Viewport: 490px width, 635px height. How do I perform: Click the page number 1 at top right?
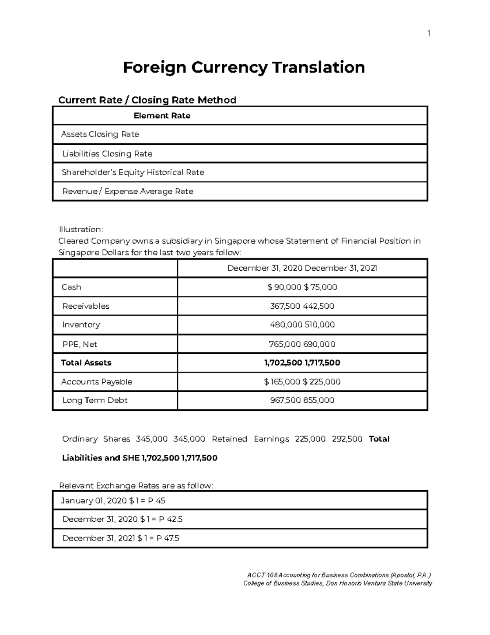point(428,34)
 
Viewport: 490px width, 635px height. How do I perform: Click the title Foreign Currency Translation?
point(244,67)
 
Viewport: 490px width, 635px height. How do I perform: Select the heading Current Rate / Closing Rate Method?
point(147,100)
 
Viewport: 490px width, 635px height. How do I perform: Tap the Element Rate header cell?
point(162,116)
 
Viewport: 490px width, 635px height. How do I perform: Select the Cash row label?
point(71,287)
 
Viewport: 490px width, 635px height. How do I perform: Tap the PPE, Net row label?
point(80,344)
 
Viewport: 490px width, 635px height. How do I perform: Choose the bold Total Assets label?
point(86,363)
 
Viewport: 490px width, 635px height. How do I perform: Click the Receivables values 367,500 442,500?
point(302,306)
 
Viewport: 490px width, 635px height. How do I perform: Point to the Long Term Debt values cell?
point(302,400)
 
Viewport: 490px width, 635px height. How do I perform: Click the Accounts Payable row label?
point(97,381)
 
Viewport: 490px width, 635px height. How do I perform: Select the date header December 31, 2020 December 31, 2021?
point(302,268)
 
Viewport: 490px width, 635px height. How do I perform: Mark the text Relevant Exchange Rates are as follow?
point(136,486)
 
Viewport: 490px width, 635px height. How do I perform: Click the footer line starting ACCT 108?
point(336,575)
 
